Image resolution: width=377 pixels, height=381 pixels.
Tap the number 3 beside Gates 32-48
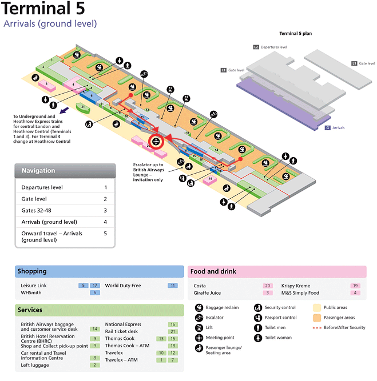click(x=105, y=210)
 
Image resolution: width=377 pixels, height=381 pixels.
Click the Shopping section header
click(x=33, y=271)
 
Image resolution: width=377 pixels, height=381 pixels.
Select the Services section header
click(x=30, y=310)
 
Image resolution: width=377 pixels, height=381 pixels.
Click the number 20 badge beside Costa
click(x=268, y=285)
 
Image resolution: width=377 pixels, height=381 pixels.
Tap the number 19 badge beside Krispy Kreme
click(x=355, y=285)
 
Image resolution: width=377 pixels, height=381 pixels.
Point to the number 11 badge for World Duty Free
click(x=172, y=285)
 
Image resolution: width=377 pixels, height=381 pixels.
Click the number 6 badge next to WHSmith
click(x=94, y=293)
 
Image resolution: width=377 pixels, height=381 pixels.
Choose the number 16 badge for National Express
click(x=172, y=324)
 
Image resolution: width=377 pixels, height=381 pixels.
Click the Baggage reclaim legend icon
click(x=200, y=308)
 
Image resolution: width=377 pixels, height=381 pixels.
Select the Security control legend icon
click(x=259, y=308)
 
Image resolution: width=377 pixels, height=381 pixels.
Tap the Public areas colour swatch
click(x=317, y=308)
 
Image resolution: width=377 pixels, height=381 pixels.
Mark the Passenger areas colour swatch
click(x=317, y=317)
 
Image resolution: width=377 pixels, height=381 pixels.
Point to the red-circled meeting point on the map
click(x=155, y=142)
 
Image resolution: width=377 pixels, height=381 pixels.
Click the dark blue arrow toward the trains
click(x=65, y=109)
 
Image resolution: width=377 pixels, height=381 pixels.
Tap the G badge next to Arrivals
click(x=327, y=127)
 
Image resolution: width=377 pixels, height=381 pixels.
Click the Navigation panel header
click(x=38, y=171)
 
